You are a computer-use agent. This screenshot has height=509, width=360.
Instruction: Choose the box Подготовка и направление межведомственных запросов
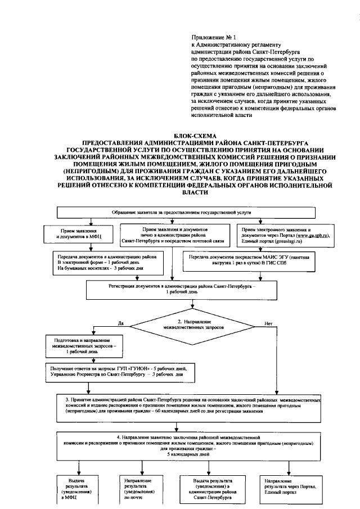(83, 345)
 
